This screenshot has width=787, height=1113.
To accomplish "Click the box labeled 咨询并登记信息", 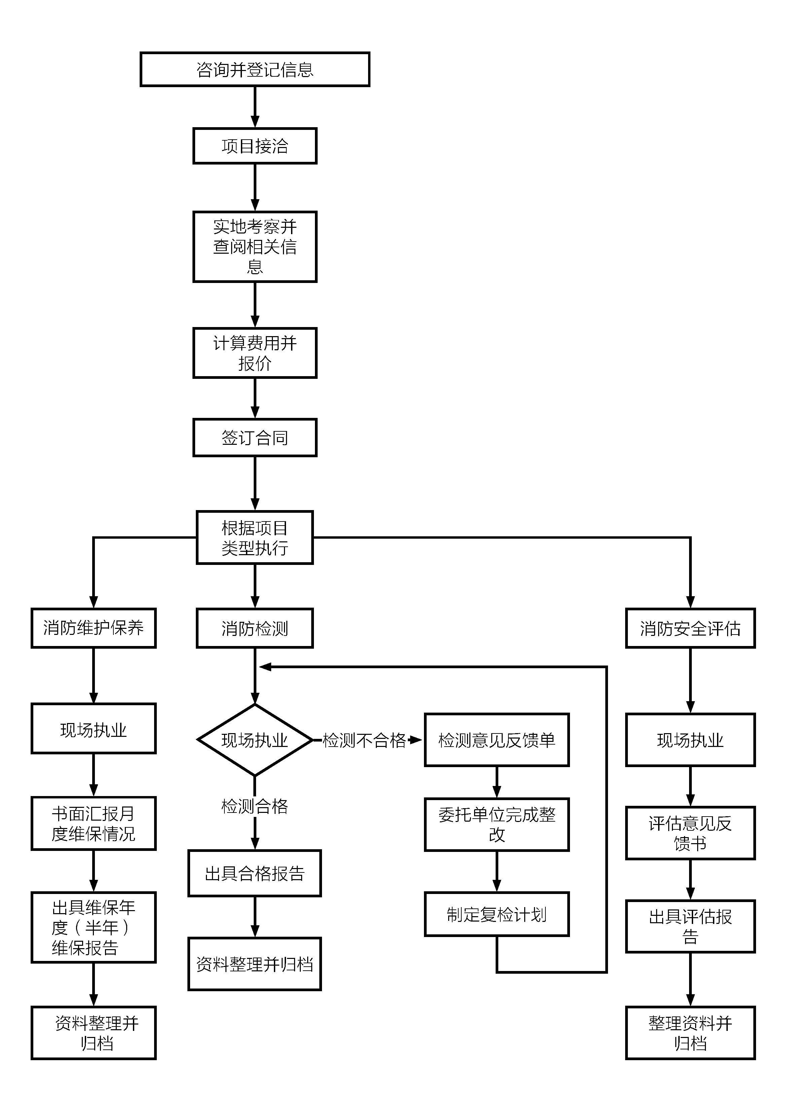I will (x=255, y=69).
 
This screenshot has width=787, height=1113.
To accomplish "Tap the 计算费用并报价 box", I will (x=255, y=353).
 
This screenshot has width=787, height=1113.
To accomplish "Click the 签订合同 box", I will (x=255, y=438).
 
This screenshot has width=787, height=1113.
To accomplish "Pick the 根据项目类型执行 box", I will (x=255, y=538).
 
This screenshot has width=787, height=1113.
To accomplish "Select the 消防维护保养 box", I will (x=94, y=628).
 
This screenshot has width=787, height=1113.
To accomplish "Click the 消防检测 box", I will (x=255, y=628).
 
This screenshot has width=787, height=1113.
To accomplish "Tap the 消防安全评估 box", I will (x=690, y=628).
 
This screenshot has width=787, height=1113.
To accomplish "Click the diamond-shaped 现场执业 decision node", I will (x=255, y=740).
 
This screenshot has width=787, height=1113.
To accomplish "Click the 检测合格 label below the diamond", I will (x=255, y=806).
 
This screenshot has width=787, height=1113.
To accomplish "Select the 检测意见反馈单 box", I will (x=497, y=740).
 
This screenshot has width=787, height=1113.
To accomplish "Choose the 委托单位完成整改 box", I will (x=497, y=825).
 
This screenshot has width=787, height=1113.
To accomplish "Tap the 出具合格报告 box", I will (x=255, y=873).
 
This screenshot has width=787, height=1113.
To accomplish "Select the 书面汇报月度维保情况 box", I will (x=94, y=824).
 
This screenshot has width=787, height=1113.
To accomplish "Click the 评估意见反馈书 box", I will (x=690, y=833).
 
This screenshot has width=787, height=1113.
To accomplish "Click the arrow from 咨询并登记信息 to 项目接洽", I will (x=255, y=107).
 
